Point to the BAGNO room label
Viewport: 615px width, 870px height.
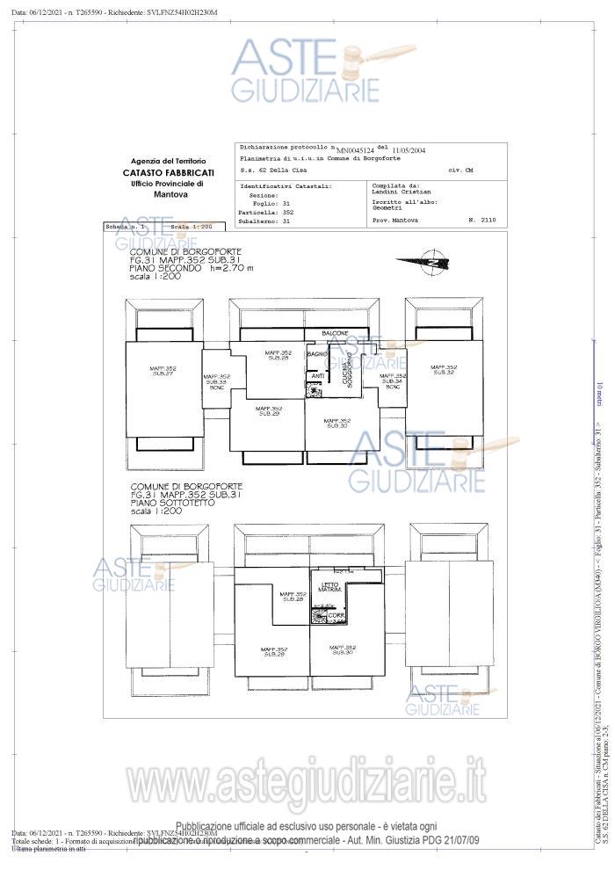[317, 354]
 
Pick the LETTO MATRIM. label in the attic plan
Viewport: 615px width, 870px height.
[330, 586]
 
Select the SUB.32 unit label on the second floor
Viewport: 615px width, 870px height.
[444, 369]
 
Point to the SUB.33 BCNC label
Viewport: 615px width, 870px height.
[216, 381]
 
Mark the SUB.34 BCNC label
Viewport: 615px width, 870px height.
[393, 381]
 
